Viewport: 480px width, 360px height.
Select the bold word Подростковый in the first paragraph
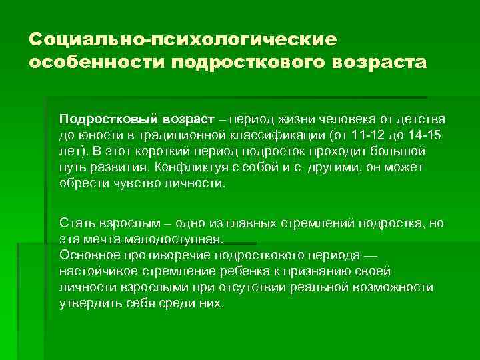tap(100, 119)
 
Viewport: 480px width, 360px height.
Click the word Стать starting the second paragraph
tap(75, 223)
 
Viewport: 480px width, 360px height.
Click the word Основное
tap(86, 255)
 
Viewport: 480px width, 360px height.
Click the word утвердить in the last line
tap(86, 303)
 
